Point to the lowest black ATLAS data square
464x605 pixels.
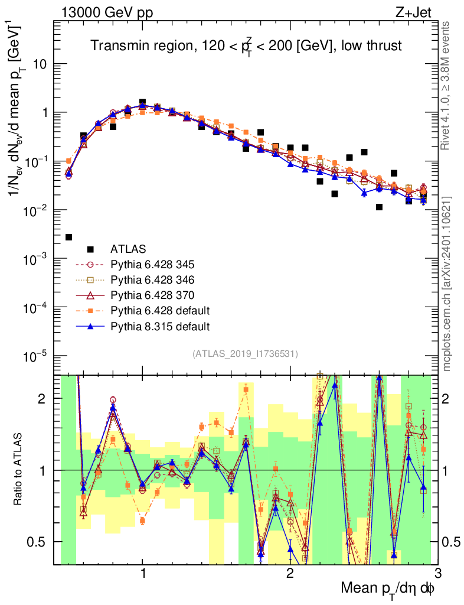pos(68,237)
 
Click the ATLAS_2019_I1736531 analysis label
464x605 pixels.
pos(245,354)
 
